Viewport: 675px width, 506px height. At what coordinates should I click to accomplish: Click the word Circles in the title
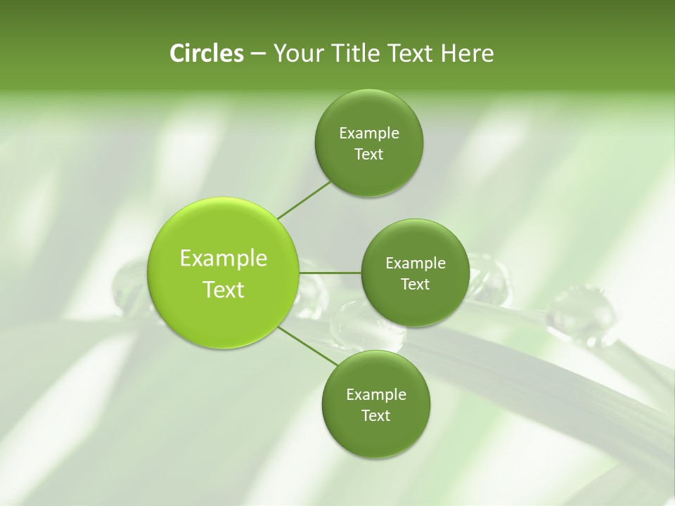[206, 53]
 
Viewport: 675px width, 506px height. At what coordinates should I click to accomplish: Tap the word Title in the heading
[356, 53]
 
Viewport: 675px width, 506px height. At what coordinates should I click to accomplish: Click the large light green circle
[223, 273]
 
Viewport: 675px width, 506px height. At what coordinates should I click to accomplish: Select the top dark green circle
[368, 144]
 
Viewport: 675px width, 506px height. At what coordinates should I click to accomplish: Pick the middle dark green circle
[415, 273]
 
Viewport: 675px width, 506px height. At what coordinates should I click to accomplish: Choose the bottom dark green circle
[375, 405]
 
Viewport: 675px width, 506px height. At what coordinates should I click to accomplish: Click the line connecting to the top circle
[304, 199]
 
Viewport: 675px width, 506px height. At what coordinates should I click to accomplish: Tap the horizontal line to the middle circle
[330, 273]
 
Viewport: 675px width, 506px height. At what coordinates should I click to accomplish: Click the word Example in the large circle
[224, 259]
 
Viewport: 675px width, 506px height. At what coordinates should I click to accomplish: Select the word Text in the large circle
[224, 290]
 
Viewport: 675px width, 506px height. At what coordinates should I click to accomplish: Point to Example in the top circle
[369, 134]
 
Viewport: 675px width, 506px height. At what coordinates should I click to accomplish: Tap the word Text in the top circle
[368, 155]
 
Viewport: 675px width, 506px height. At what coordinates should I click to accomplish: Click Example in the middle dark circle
[416, 264]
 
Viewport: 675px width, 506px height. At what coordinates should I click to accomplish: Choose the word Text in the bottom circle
[375, 415]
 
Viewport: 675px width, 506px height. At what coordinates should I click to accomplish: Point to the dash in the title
[257, 54]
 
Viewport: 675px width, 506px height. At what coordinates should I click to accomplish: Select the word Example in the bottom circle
[376, 394]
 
